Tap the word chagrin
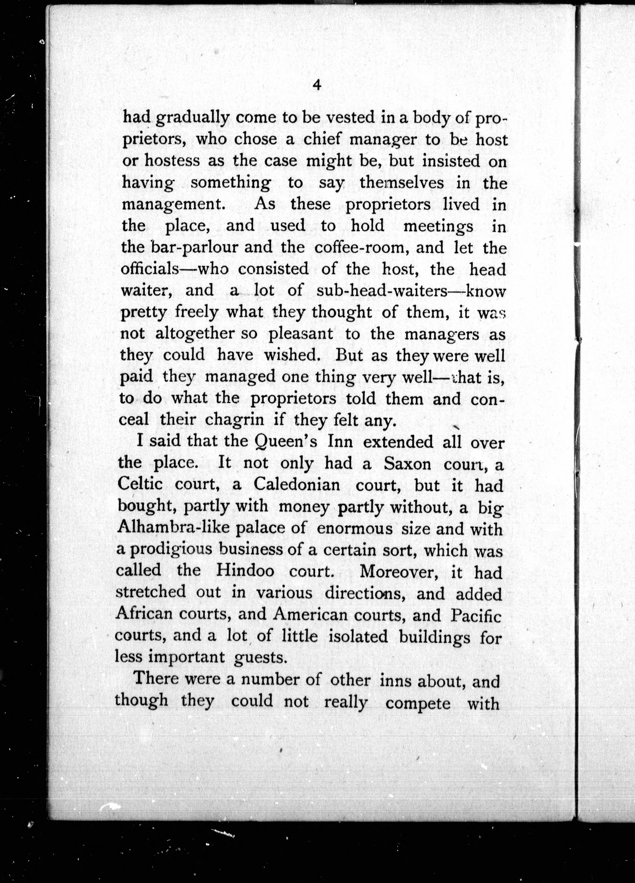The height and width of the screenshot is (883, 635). [x=235, y=420]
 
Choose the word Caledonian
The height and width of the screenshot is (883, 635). [x=297, y=485]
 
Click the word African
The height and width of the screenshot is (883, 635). [x=144, y=614]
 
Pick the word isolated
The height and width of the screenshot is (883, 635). [x=358, y=637]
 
